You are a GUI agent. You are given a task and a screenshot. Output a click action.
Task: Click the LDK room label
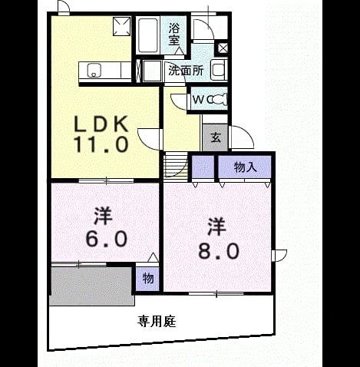click(101, 124)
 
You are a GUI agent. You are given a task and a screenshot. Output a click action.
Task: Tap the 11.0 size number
click(101, 144)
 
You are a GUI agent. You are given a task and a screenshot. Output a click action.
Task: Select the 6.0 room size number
click(106, 239)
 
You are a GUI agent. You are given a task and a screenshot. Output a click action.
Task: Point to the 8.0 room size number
click(219, 251)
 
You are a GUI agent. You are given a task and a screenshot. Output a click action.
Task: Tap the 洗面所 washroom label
click(186, 71)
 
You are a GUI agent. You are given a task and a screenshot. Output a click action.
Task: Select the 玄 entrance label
click(216, 137)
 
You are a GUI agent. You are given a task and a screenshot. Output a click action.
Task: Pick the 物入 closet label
click(245, 167)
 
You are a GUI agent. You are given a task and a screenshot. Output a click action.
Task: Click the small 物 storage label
click(148, 278)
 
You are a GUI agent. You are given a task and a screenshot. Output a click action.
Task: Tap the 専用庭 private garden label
click(157, 321)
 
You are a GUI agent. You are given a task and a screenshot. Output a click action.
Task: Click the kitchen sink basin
click(94, 70)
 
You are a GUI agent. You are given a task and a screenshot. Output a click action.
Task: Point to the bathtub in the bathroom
click(148, 35)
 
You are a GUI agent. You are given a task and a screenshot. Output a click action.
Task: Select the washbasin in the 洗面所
click(219, 70)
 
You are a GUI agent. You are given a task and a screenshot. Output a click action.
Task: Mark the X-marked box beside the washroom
click(223, 48)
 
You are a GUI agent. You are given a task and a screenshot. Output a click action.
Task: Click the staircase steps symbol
click(176, 164)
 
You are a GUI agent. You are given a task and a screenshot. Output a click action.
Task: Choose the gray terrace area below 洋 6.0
click(92, 286)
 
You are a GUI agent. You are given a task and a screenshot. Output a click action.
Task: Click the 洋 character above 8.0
click(216, 226)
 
